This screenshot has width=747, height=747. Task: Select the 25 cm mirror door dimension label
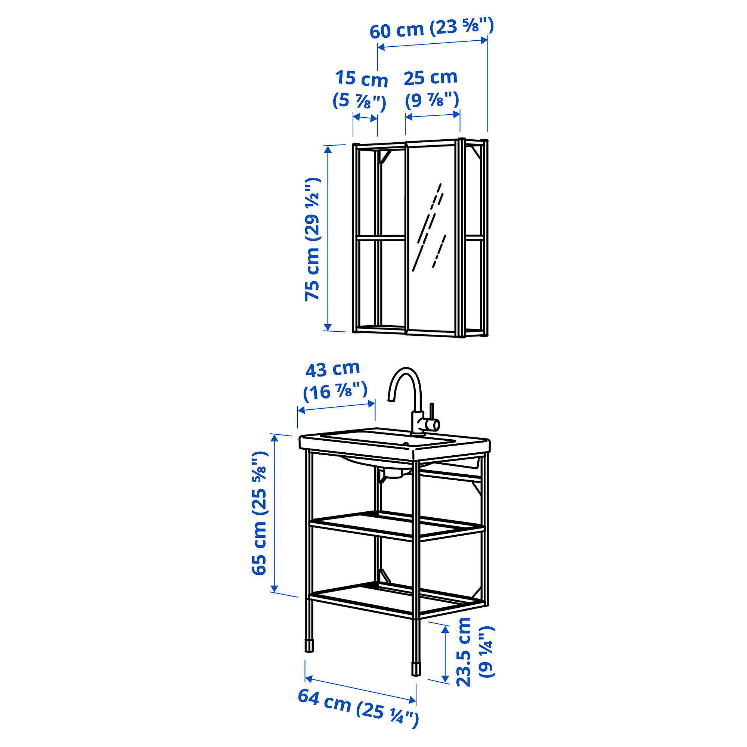pyautogui.click(x=431, y=89)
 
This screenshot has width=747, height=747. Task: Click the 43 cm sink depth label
pyautogui.click(x=335, y=381)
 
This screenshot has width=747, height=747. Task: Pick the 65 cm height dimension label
pyautogui.click(x=260, y=513)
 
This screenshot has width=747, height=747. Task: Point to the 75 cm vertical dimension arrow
pyautogui.click(x=328, y=238)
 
